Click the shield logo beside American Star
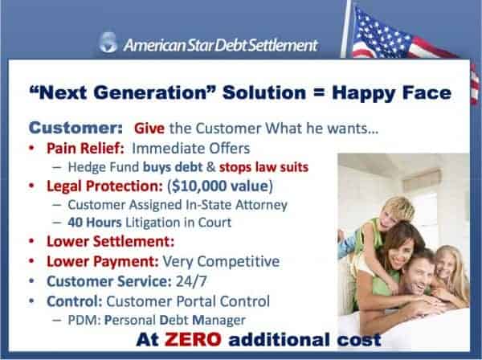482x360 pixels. click(108, 43)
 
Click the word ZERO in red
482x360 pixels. click(193, 339)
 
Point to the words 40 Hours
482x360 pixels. click(95, 223)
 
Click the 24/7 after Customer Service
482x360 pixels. click(191, 281)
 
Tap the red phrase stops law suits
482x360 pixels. click(263, 167)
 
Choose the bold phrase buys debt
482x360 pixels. click(173, 167)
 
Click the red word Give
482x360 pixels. click(149, 129)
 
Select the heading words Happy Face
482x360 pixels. click(392, 92)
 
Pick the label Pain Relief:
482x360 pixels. click(85, 148)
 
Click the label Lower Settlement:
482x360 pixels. click(110, 241)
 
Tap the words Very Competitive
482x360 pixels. click(221, 262)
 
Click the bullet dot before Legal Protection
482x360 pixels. click(31, 186)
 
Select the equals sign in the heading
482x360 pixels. click(319, 92)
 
